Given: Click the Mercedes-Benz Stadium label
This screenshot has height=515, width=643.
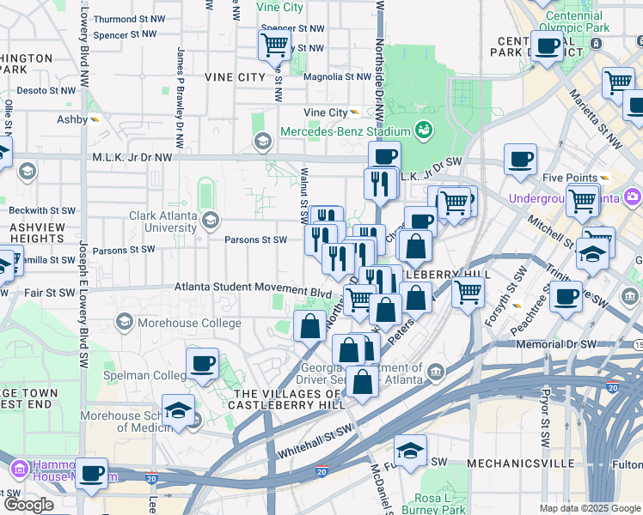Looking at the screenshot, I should [x=345, y=132].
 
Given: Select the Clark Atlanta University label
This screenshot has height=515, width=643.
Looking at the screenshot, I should [x=162, y=222].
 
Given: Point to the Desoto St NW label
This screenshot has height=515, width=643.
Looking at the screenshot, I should [x=45, y=89].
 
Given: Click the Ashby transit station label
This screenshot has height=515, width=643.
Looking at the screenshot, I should [x=73, y=119].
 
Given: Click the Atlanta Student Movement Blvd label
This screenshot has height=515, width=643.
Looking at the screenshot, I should [x=254, y=289].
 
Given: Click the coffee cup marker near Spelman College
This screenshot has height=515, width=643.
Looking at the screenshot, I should [x=202, y=363].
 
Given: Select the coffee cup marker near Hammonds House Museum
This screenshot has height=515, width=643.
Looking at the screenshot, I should [x=92, y=472].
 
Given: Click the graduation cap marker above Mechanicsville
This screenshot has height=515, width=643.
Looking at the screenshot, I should [x=411, y=450].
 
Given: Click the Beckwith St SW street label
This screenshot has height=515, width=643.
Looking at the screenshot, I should [x=40, y=209].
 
